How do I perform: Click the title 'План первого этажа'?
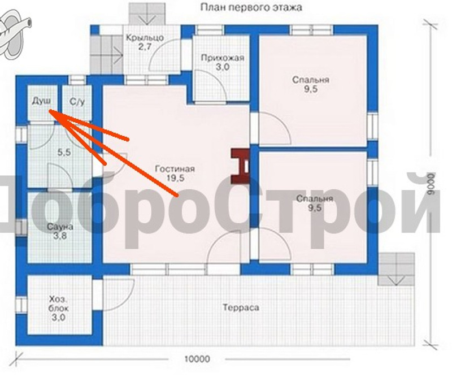pos(251,7)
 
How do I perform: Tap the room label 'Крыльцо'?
pos(145,38)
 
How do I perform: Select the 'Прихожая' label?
pos(222,58)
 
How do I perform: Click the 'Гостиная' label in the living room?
pos(175,169)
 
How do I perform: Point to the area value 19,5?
pos(175,178)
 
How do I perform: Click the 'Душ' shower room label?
pos(41,101)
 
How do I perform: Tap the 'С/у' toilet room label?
pos(77,102)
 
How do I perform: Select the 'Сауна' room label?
pos(60,227)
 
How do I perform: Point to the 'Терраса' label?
pos(241,308)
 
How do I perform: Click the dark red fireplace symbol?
pos(241,166)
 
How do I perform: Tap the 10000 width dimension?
pos(197,359)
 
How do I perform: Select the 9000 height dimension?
pos(431,184)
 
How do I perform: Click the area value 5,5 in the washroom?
pos(64,152)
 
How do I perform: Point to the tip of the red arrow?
pos(49,110)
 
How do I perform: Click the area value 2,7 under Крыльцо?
pos(145,47)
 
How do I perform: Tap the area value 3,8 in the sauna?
pos(60,236)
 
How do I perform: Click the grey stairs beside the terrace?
pos(397,269)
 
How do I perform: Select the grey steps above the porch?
pos(147,13)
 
